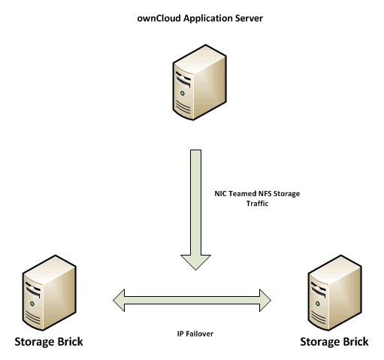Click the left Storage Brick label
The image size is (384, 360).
[48, 342]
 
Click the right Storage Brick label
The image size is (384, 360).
[334, 342]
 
